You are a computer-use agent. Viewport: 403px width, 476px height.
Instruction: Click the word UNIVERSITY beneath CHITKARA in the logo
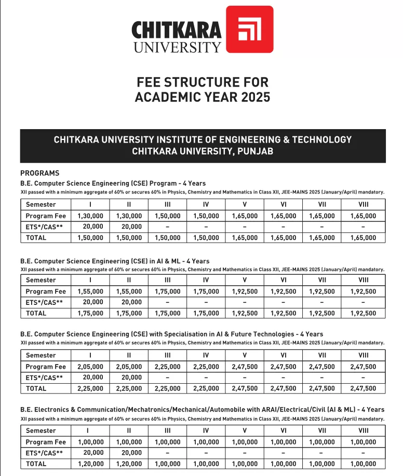point(177,47)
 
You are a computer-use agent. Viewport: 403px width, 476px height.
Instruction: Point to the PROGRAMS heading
point(39,173)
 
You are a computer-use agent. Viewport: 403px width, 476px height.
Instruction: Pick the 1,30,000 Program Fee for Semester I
point(90,216)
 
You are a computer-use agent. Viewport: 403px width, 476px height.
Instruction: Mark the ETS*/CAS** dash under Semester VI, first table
point(283,227)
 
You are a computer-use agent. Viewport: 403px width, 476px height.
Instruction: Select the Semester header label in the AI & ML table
point(41,280)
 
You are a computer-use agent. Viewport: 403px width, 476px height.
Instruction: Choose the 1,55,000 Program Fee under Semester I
point(90,291)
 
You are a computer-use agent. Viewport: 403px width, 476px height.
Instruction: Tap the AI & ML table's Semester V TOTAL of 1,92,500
point(245,313)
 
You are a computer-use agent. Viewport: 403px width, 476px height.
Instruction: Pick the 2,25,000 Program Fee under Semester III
point(168,367)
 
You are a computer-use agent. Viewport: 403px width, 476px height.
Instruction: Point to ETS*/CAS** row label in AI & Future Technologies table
point(44,377)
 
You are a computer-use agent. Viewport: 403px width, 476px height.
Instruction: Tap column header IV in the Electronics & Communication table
point(206,430)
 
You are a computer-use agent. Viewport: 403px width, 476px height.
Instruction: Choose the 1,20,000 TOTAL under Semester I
point(90,464)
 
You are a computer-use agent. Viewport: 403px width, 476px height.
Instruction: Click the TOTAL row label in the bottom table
point(36,464)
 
